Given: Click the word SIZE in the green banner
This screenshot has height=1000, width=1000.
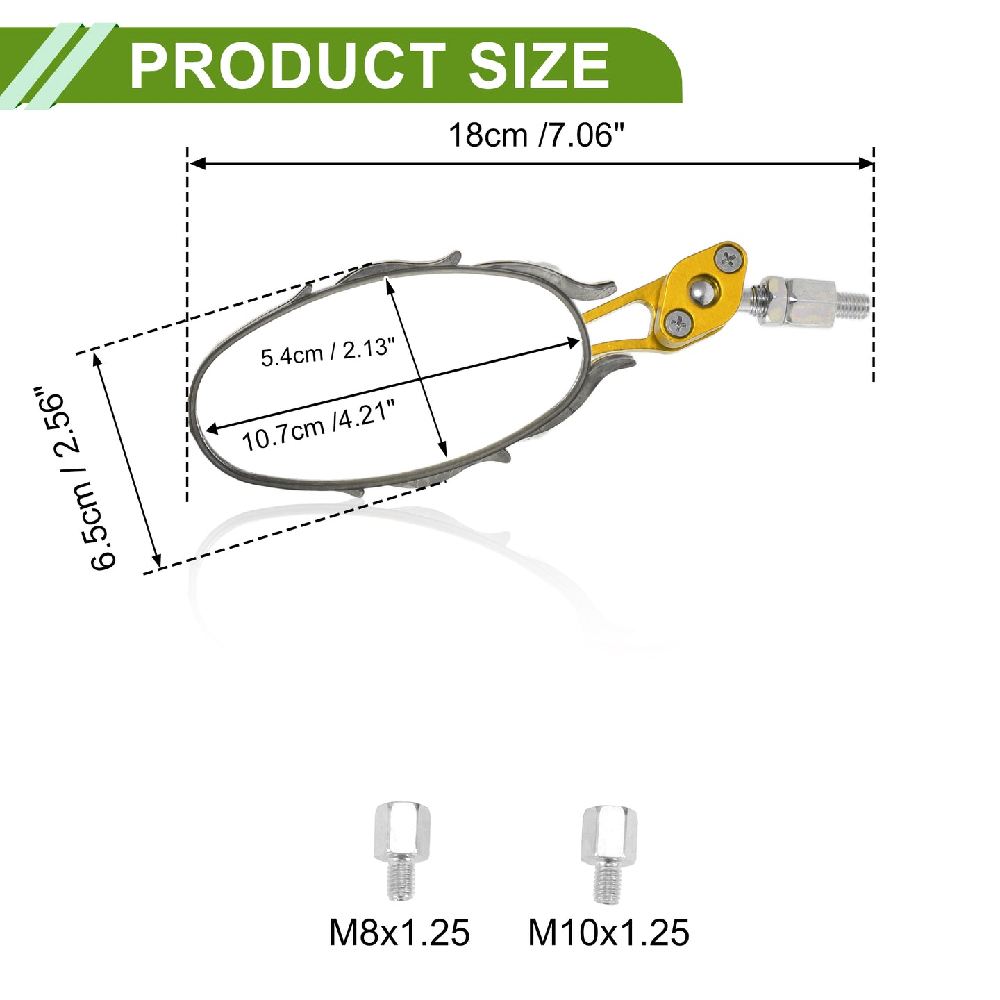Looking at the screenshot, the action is point(540,66).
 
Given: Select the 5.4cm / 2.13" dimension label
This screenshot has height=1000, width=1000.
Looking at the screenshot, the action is point(328,352).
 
